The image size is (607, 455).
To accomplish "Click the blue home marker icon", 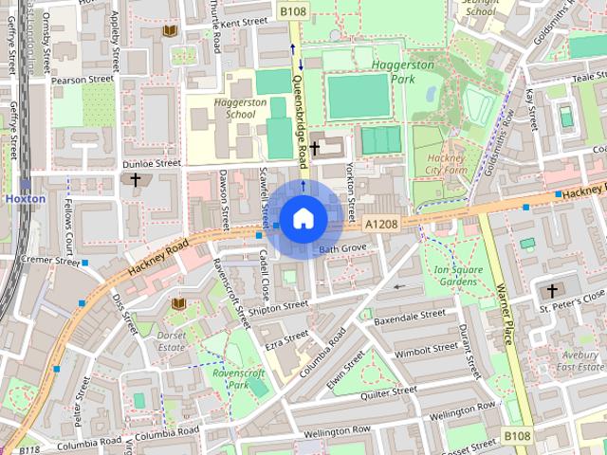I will [x=303, y=219].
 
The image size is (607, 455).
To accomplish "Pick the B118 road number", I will [x=28, y=450].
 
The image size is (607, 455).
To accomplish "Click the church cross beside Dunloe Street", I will [x=136, y=179].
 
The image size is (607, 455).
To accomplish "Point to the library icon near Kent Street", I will [x=170, y=32].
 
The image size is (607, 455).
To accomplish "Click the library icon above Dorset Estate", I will [x=178, y=303].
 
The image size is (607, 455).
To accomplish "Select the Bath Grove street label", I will [x=342, y=248].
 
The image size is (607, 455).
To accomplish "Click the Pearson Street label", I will [x=82, y=81].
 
